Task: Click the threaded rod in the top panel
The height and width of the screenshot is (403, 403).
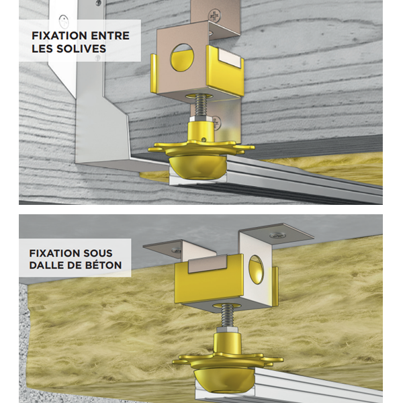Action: click(x=201, y=105)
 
